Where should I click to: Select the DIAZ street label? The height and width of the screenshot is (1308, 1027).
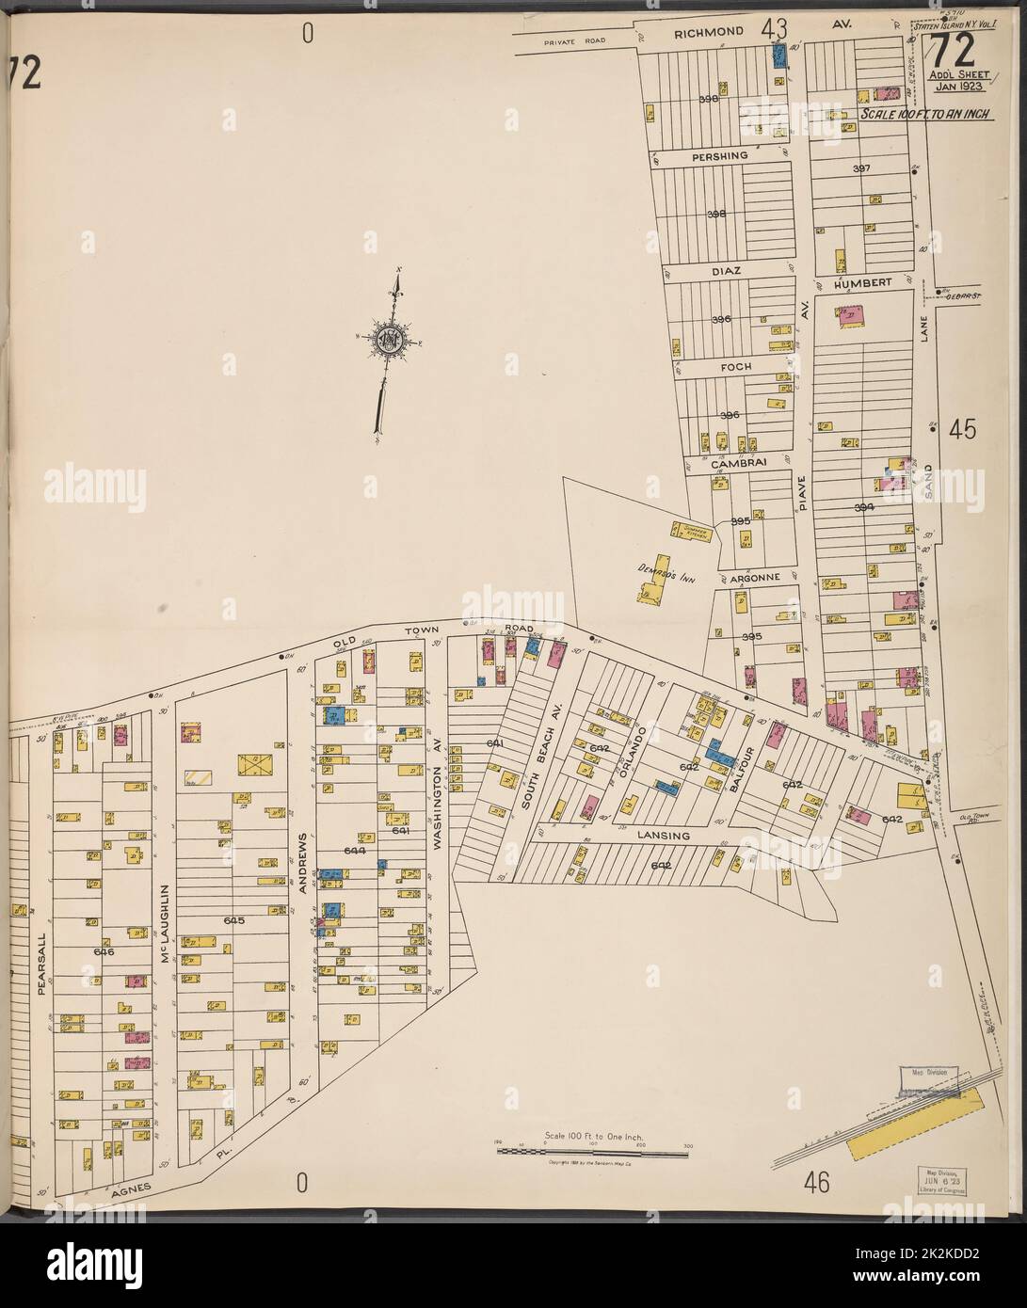pos(722,270)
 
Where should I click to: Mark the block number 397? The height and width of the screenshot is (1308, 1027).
pos(861,168)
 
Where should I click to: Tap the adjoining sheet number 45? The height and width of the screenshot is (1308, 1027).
pos(962,429)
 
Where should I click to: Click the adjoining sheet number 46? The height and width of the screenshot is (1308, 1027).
pos(816,1183)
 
